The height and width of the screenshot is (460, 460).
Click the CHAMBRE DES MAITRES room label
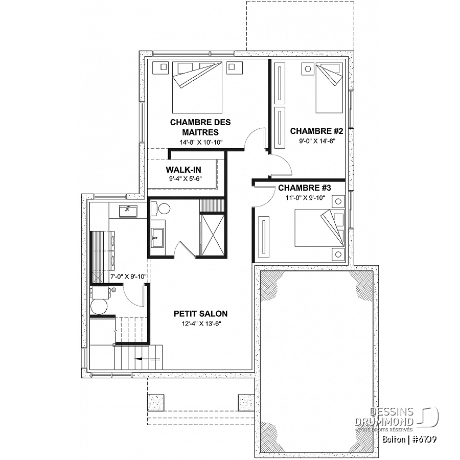tap(200, 127)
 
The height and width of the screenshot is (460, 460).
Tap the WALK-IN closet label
tap(183, 170)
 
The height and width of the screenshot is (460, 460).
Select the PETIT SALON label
tap(201, 314)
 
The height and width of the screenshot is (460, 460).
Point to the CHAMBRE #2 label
tap(316, 131)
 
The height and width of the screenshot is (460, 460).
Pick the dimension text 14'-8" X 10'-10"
tap(201, 143)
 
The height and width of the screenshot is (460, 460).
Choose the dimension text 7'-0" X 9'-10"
tap(128, 277)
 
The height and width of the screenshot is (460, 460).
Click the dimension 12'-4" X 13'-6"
tap(201, 324)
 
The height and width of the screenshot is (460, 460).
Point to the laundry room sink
tap(128, 211)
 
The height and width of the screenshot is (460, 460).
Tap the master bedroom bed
tap(197, 87)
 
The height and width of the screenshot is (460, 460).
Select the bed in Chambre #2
tap(329, 87)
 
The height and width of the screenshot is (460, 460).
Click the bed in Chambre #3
tap(319, 228)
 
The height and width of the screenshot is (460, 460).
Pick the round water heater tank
tap(99, 307)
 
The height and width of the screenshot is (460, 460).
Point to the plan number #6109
tap(425, 439)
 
